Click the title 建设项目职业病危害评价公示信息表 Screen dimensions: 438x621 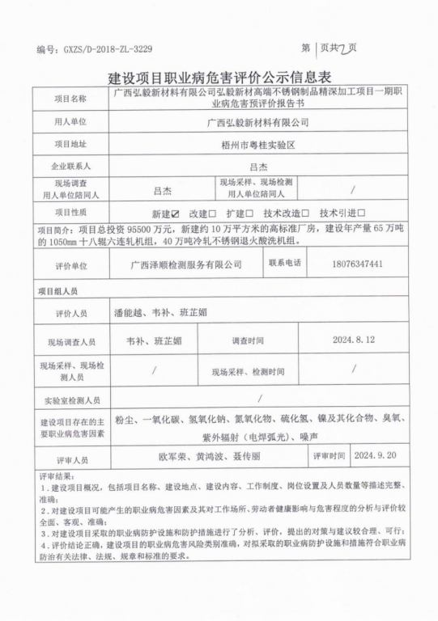click(219, 78)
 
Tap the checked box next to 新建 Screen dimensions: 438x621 click(174, 213)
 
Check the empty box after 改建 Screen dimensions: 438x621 click(212, 213)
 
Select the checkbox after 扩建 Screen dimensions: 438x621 click(251, 213)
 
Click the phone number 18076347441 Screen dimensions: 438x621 click(358, 264)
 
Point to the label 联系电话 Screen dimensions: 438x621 click(285, 264)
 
